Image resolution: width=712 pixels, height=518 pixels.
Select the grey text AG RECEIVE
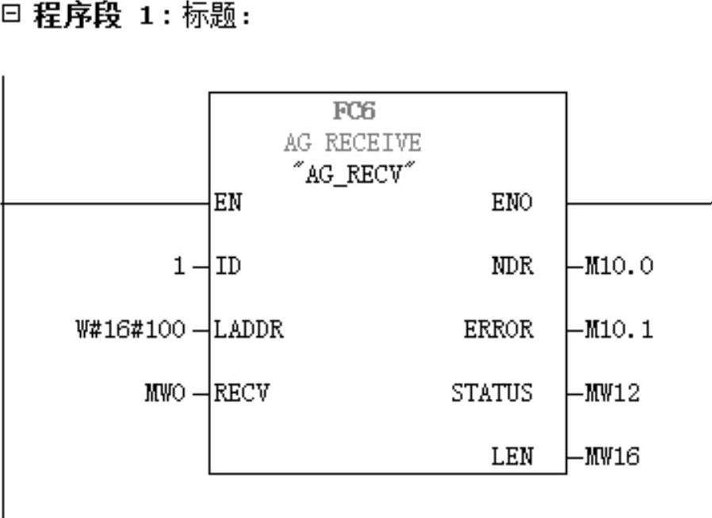[353, 144]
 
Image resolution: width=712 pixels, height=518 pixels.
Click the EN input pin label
[228, 203]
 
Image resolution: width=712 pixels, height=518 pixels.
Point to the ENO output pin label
[514, 203]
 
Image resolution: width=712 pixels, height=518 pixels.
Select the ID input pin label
[228, 267]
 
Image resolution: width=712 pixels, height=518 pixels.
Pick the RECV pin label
[242, 393]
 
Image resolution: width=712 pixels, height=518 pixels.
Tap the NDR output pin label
[514, 267]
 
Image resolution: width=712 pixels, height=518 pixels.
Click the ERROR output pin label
[498, 329]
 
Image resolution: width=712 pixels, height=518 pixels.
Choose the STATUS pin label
[492, 393]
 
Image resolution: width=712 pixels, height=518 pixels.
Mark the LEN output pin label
[514, 456]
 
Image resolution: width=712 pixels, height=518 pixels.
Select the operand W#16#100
[127, 329]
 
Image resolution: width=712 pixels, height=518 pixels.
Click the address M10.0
[618, 267]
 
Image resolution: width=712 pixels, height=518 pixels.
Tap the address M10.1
[618, 329]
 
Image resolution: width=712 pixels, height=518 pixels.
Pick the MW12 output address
[611, 393]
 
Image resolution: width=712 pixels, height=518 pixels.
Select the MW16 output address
[611, 456]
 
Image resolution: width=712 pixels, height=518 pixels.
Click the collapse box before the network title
[9, 17]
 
